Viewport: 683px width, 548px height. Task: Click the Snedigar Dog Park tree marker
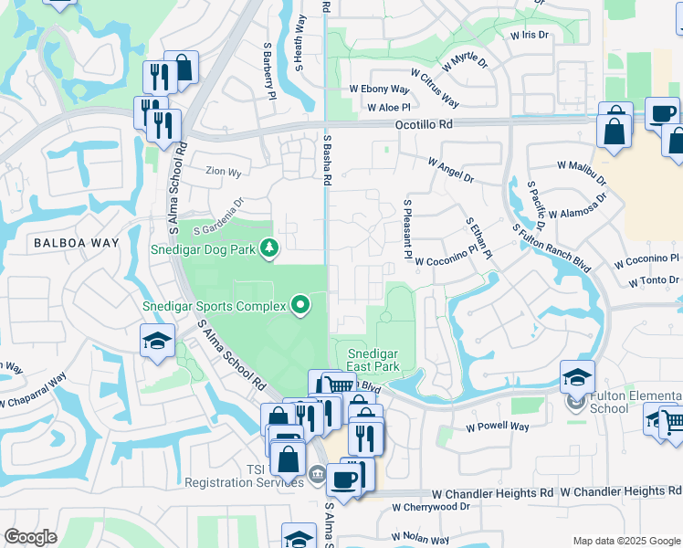[269, 247]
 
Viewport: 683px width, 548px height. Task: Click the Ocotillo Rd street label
[424, 124]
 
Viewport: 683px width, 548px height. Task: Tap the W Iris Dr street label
[529, 36]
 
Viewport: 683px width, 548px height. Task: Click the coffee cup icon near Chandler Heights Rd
[343, 479]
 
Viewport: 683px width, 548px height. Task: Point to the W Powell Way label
[498, 427]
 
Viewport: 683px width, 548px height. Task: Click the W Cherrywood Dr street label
[427, 506]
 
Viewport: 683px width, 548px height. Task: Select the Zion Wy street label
[224, 172]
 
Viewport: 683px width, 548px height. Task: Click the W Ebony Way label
[379, 90]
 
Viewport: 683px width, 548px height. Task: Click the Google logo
[30, 537]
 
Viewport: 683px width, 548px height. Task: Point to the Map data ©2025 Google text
[626, 541]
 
